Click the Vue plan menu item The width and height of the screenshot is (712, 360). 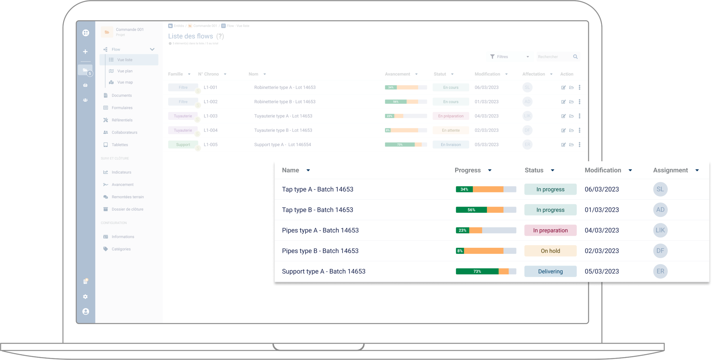125,71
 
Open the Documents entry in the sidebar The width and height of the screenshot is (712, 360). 122,96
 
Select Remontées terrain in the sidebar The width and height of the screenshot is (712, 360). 127,197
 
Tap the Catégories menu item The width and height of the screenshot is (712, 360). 121,249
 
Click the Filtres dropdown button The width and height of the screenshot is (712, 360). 509,57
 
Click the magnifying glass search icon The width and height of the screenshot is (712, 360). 575,57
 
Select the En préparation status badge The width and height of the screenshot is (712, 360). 451,116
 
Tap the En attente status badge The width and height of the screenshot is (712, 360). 451,130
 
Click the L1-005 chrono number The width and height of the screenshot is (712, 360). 211,145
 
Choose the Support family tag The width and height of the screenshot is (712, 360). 183,145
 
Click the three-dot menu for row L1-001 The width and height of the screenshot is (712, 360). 580,88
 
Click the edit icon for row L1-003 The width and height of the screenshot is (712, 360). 564,116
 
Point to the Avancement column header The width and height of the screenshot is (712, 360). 397,74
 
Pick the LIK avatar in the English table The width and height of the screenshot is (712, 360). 660,230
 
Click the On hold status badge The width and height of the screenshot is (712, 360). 550,251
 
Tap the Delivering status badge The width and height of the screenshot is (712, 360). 550,272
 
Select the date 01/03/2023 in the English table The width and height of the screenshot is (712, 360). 602,210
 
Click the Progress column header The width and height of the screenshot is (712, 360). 468,170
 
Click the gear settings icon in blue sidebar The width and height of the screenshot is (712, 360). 85,297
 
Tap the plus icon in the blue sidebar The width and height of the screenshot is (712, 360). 85,52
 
